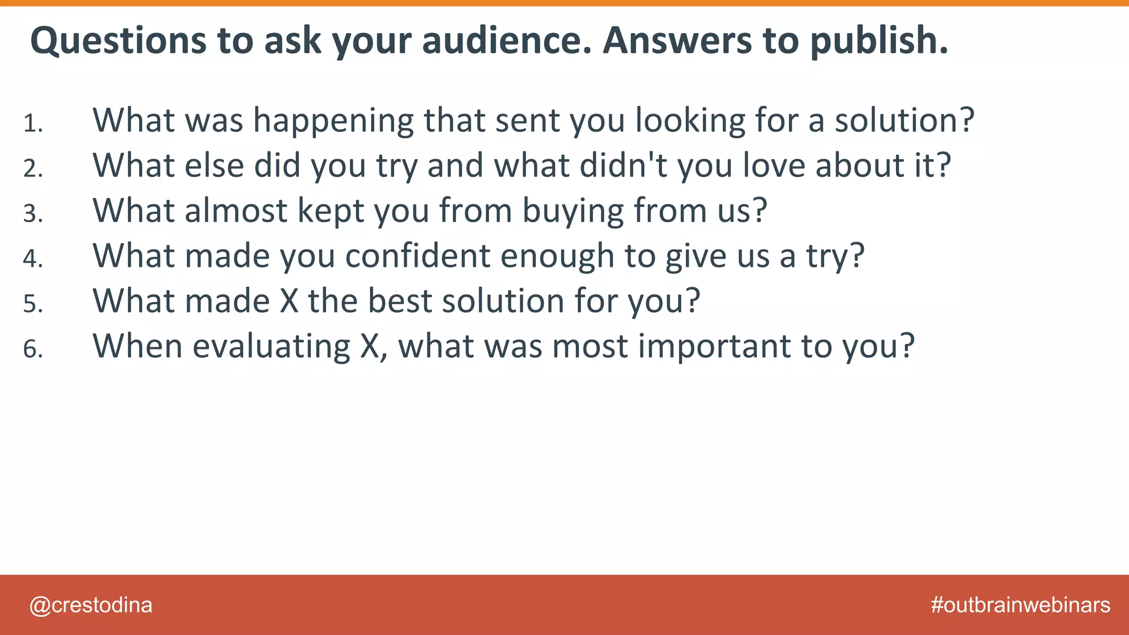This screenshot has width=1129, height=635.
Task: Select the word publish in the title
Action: (879, 41)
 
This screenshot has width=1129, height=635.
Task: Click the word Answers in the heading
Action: (678, 41)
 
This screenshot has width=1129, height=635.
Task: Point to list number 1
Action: (33, 123)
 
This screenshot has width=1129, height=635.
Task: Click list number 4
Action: (33, 259)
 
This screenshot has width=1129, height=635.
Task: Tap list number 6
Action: (33, 349)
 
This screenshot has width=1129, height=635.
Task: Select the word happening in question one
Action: (333, 121)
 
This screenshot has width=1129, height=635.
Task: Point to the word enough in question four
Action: (557, 256)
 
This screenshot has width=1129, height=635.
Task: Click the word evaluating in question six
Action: (271, 347)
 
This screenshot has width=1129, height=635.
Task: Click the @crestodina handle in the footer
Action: (91, 605)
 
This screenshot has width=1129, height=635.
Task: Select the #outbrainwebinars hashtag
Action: (1020, 605)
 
